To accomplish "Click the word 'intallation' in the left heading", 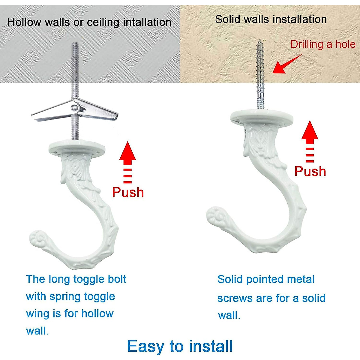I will pyautogui.click(x=147, y=22).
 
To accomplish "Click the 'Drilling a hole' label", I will pyautogui.click(x=323, y=44).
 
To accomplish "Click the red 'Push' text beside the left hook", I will pyautogui.click(x=128, y=192).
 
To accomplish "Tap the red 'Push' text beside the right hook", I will pyautogui.click(x=310, y=171).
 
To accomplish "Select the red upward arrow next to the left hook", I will pyautogui.click(x=127, y=159).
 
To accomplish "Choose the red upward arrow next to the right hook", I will pyautogui.click(x=310, y=138).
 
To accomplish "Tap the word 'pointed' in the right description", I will pyautogui.click(x=266, y=280).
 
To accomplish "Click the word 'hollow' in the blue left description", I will pyautogui.click(x=97, y=314).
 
